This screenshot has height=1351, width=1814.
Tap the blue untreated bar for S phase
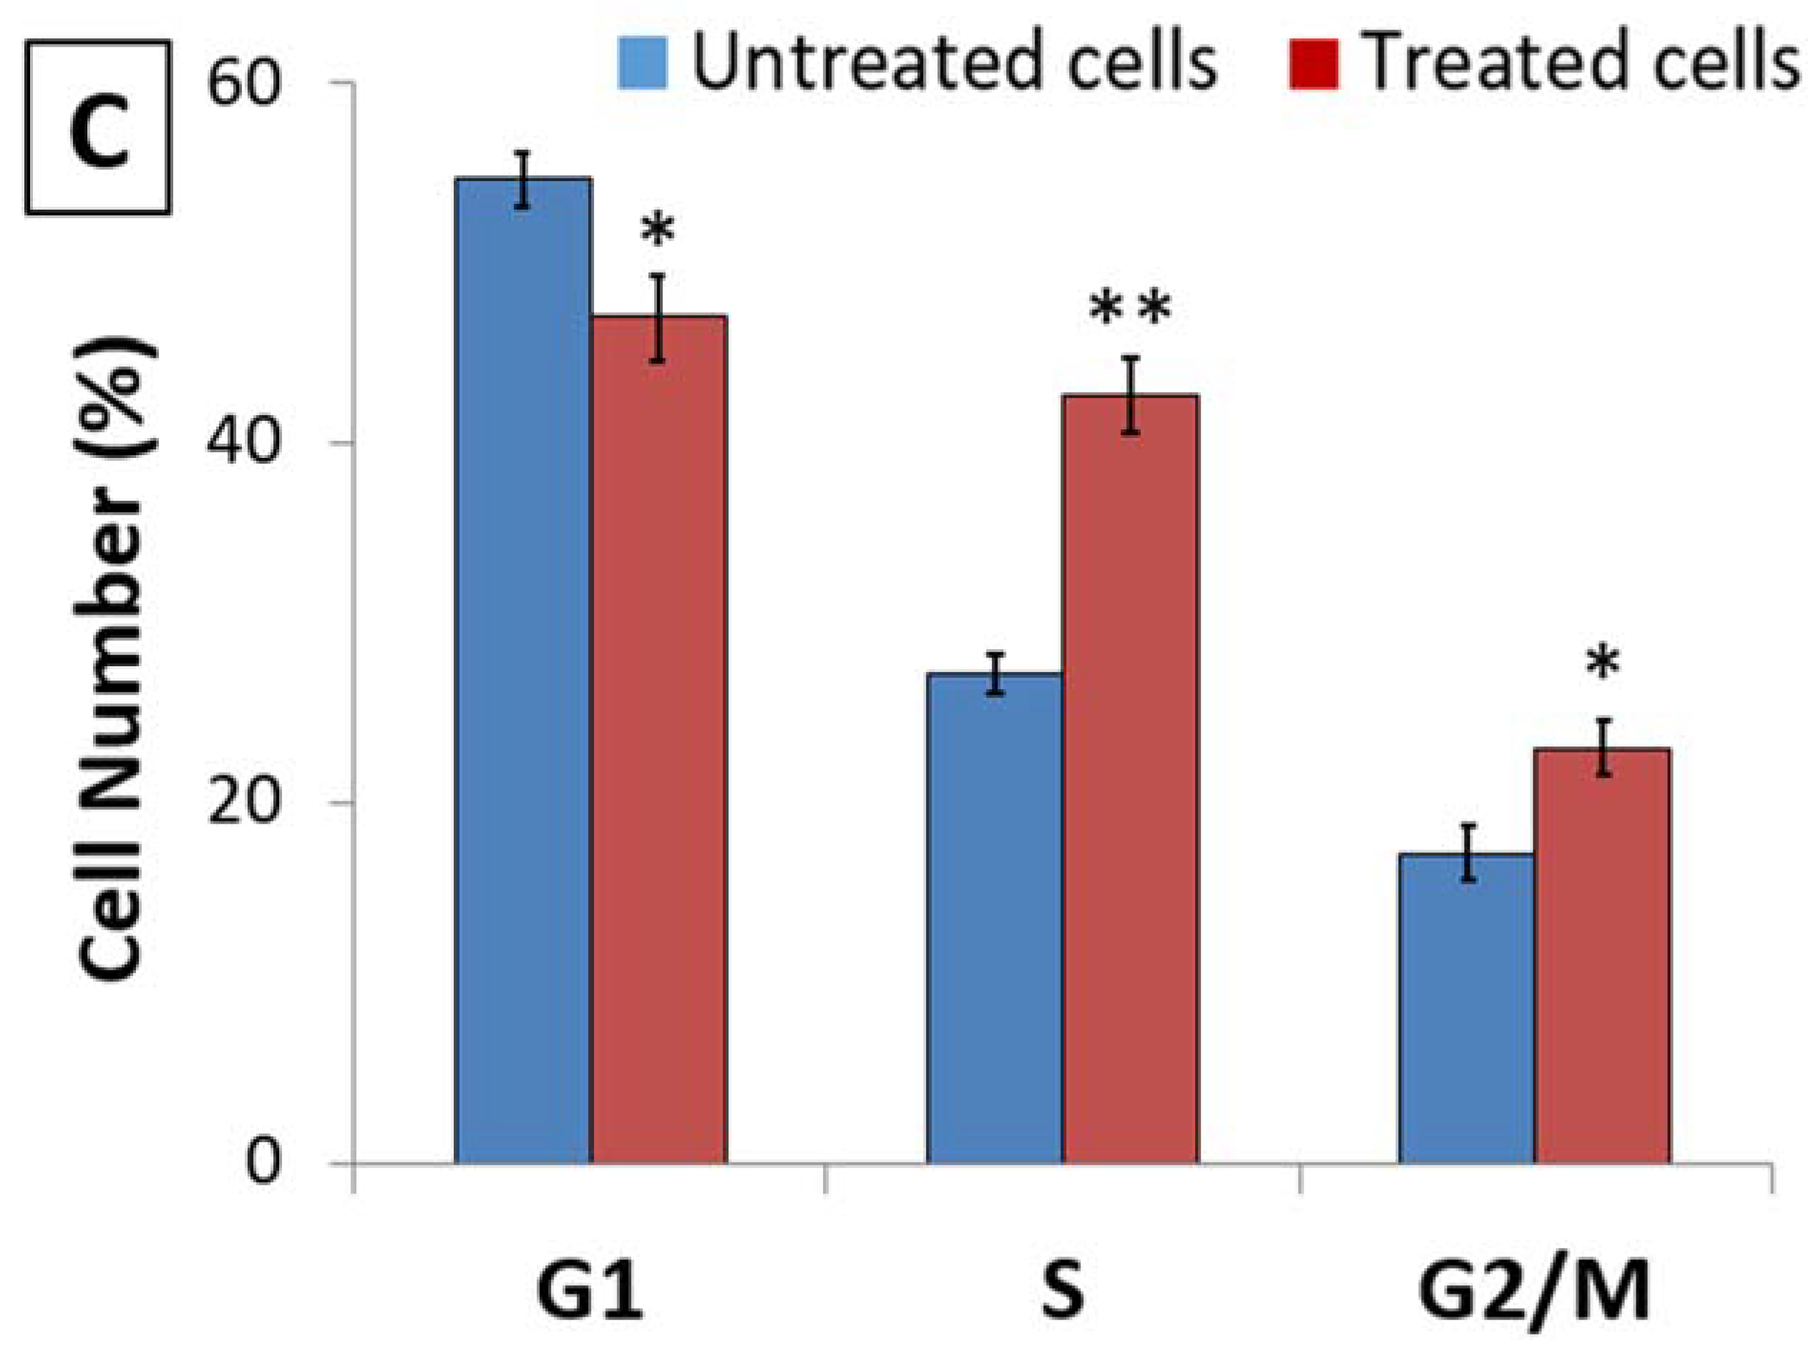(995, 917)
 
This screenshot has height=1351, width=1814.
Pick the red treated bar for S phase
(1131, 778)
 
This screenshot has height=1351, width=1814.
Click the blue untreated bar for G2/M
(1466, 1007)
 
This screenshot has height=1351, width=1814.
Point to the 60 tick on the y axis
(244, 82)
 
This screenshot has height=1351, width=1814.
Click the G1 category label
(590, 1293)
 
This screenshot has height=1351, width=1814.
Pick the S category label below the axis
(1063, 1293)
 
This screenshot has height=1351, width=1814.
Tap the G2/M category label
(1534, 1293)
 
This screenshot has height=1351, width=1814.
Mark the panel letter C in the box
(98, 128)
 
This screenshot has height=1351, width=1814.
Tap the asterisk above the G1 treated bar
(658, 231)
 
